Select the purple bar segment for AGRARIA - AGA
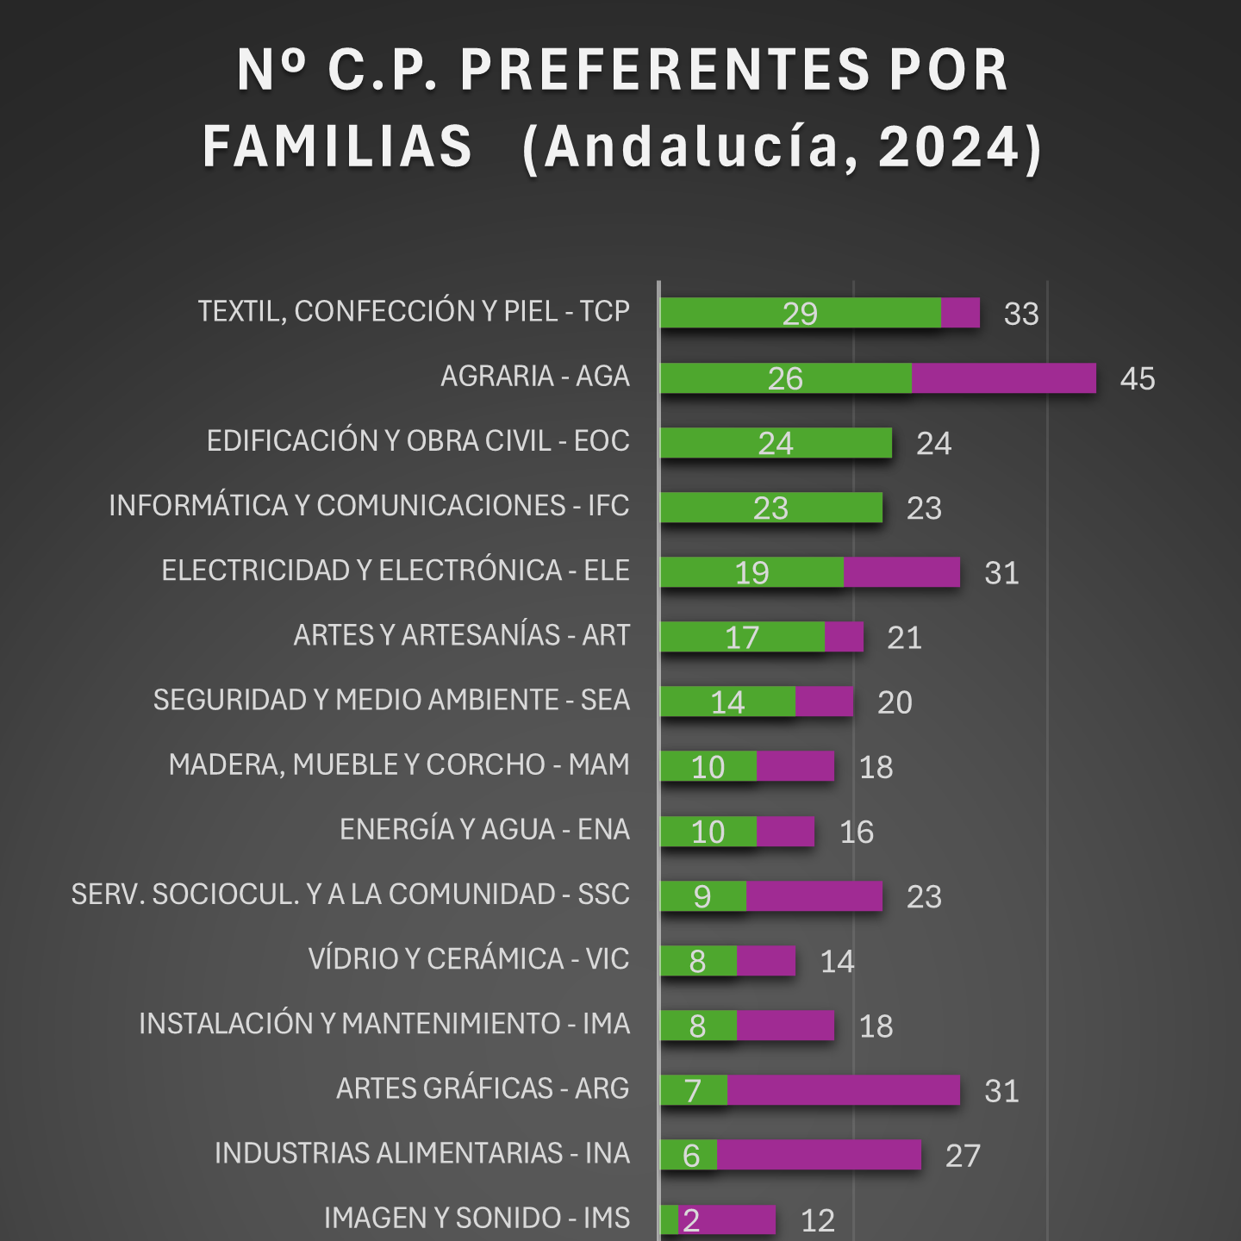(x=1003, y=378)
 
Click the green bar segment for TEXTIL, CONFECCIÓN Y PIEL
(x=800, y=313)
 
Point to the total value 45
(x=1137, y=378)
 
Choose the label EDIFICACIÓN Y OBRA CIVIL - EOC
(x=418, y=441)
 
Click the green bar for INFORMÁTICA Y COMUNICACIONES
(x=770, y=508)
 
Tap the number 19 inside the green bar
(x=751, y=573)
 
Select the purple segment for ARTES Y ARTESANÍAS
(x=844, y=637)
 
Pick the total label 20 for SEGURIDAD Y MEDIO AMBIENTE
(x=895, y=702)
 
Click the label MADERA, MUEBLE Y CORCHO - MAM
(x=399, y=765)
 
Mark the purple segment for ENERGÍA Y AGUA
(x=785, y=831)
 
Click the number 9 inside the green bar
(x=702, y=896)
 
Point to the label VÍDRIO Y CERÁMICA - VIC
(x=469, y=959)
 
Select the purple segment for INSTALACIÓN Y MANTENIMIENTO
(x=785, y=1026)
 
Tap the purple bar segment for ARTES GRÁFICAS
(x=843, y=1090)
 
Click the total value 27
(x=963, y=1156)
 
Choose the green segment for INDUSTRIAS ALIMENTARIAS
(x=689, y=1155)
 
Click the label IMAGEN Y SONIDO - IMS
(x=477, y=1219)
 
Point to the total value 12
(x=818, y=1220)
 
